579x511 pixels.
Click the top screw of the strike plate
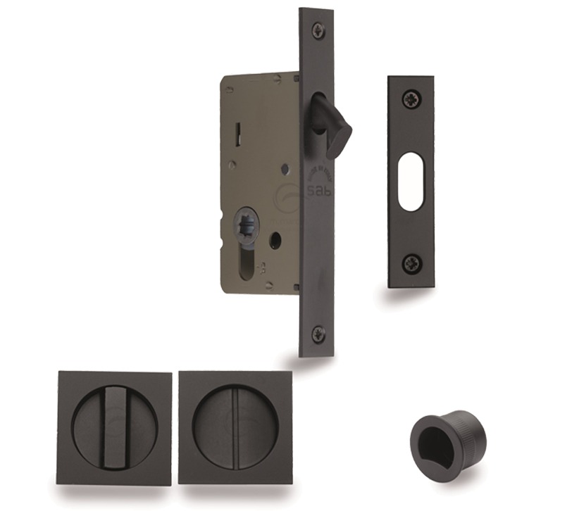tap(410, 99)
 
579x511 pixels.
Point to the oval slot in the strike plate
tap(410, 181)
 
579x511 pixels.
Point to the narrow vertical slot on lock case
tap(239, 131)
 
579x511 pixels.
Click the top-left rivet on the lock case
tap(230, 89)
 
